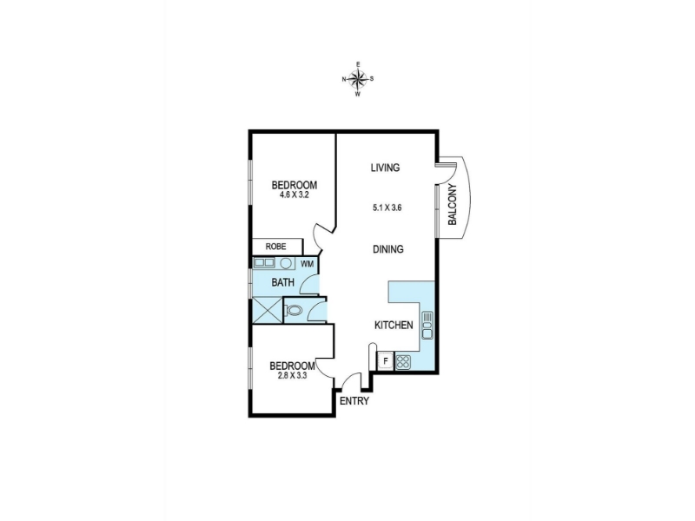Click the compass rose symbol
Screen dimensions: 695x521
click(x=358, y=79)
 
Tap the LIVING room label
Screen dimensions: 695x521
click(x=385, y=168)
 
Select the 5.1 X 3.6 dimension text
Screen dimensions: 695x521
click(x=387, y=208)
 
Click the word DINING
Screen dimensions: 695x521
click(x=387, y=249)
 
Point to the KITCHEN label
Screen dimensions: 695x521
click(x=394, y=325)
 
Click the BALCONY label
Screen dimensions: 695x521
click(x=452, y=204)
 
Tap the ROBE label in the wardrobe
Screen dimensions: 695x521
click(x=275, y=247)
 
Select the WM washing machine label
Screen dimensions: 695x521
click(x=308, y=264)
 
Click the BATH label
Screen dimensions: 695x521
click(x=283, y=282)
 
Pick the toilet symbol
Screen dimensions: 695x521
click(x=294, y=310)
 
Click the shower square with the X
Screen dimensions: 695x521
click(x=268, y=310)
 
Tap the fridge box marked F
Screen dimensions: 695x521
click(x=385, y=361)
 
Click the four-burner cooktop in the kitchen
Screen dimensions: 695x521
click(x=403, y=362)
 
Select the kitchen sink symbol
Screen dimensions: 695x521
click(x=427, y=326)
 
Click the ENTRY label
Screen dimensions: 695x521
click(x=354, y=401)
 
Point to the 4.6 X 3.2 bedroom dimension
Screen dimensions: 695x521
click(x=294, y=194)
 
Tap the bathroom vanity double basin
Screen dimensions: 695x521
click(x=263, y=263)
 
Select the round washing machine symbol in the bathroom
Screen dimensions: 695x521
click(x=286, y=264)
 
